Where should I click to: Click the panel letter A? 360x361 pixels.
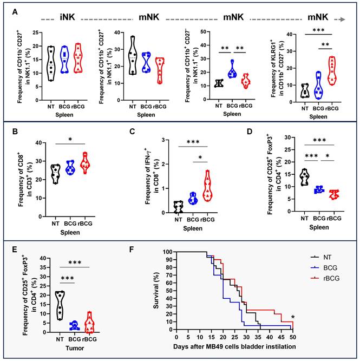pyautogui.click(x=16, y=11)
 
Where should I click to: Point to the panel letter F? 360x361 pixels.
pyautogui.click(x=133, y=251)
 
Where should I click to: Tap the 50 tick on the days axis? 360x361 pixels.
pyautogui.click(x=293, y=337)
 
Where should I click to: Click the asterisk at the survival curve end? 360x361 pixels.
pyautogui.click(x=293, y=317)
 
